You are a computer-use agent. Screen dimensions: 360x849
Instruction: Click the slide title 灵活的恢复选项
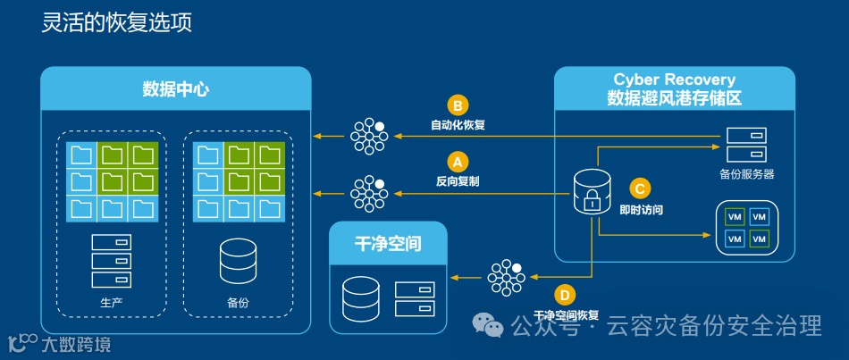click(117, 22)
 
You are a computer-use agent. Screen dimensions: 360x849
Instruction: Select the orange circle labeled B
click(458, 105)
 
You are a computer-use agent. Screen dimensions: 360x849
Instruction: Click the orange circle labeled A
click(458, 162)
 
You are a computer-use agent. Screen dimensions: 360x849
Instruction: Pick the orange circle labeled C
click(640, 188)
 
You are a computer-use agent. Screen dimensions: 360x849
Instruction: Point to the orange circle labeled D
click(565, 295)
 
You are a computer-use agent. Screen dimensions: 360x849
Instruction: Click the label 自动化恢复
click(458, 124)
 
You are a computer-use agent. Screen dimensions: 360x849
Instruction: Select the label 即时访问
click(641, 209)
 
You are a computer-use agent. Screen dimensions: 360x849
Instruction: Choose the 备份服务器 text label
click(746, 174)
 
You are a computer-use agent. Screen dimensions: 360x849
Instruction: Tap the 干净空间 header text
click(388, 243)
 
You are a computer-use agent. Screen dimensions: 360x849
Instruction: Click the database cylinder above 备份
click(238, 260)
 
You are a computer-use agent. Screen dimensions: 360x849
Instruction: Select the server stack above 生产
click(112, 261)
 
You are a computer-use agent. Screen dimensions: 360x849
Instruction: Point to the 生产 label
click(112, 303)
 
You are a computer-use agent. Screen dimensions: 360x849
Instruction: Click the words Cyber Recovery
click(674, 80)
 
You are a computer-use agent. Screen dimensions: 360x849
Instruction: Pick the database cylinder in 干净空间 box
click(361, 299)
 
